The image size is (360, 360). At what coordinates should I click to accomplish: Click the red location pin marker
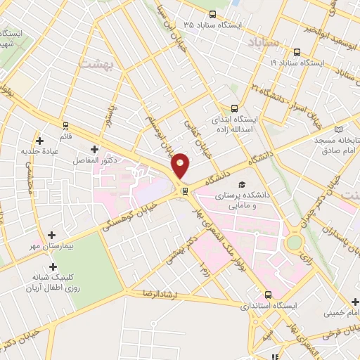(x=181, y=165)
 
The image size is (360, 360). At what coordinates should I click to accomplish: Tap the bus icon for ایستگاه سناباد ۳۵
(x=213, y=14)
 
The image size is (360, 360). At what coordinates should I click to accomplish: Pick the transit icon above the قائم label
(x=65, y=126)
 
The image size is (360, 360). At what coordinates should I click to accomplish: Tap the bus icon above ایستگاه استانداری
(x=267, y=295)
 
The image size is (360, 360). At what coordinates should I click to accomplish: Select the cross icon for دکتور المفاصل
(x=95, y=149)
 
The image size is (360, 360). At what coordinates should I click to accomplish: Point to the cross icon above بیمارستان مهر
(x=50, y=236)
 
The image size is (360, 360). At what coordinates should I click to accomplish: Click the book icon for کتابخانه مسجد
(x=340, y=129)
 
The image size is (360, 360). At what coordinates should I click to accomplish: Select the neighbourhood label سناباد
(x=283, y=42)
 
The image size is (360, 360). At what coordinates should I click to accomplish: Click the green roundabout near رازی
(x=295, y=243)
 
